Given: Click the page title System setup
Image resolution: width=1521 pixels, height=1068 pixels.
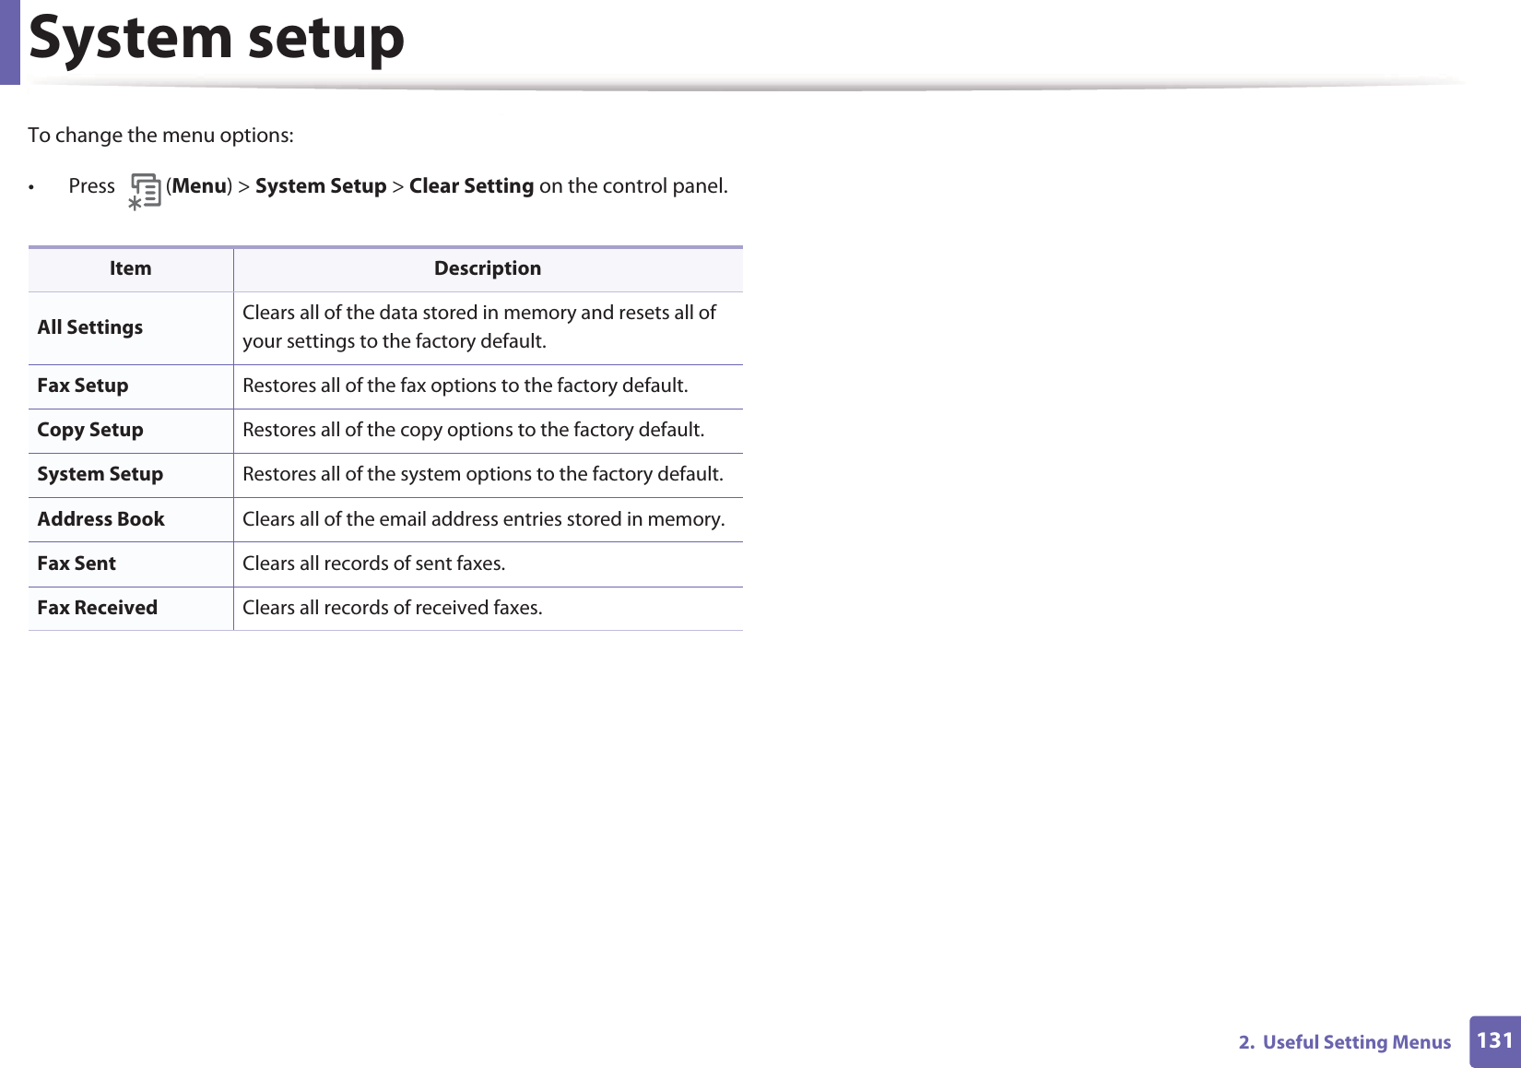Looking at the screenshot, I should pyautogui.click(x=217, y=39).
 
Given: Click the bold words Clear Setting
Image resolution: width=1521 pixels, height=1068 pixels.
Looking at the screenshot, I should pyautogui.click(x=471, y=186).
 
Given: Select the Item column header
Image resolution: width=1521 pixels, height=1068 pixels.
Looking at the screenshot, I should pyautogui.click(x=130, y=269).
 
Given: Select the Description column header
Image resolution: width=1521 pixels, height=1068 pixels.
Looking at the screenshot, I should pyautogui.click(x=488, y=269).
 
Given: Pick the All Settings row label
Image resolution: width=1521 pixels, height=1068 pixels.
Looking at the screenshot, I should pyautogui.click(x=90, y=327).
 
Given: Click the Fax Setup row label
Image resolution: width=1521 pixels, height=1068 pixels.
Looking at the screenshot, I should pyautogui.click(x=83, y=386).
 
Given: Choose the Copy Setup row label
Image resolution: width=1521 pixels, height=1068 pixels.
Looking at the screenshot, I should pyautogui.click(x=90, y=430).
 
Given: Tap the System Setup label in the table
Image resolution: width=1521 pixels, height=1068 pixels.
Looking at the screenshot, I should pyautogui.click(x=100, y=474).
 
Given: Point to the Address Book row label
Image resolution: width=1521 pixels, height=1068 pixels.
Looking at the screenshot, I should pyautogui.click(x=101, y=519).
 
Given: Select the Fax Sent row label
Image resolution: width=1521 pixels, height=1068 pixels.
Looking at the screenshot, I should pyautogui.click(x=77, y=564).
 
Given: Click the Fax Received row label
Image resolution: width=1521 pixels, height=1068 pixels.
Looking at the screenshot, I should pyautogui.click(x=98, y=608).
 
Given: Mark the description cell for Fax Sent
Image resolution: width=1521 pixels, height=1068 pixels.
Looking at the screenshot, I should pyautogui.click(x=374, y=564).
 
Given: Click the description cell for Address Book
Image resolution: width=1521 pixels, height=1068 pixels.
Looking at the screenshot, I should pyautogui.click(x=483, y=519).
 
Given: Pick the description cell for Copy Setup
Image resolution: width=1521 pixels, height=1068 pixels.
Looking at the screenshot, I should pyautogui.click(x=473, y=430).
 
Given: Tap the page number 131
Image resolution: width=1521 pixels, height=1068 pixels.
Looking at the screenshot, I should pyautogui.click(x=1494, y=1041).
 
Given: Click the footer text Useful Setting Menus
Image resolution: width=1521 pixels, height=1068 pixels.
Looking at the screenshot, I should pyautogui.click(x=1356, y=1042).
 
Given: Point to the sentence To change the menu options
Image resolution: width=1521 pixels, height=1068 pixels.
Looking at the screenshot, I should pyautogui.click(x=161, y=136).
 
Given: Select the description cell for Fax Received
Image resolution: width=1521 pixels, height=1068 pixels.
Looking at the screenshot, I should pyautogui.click(x=393, y=608).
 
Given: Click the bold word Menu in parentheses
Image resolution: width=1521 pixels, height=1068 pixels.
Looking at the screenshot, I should pyautogui.click(x=199, y=186).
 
